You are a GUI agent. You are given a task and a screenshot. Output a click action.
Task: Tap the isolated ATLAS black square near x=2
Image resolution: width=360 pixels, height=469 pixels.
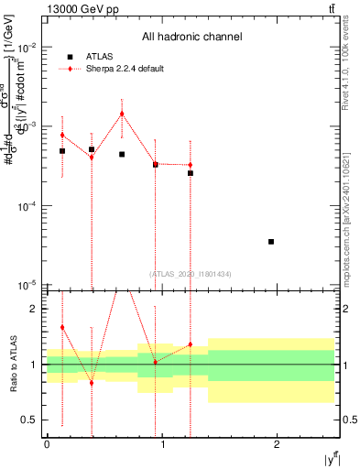point(271,242)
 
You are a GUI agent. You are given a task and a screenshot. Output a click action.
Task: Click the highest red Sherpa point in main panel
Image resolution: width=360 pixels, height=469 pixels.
point(122,114)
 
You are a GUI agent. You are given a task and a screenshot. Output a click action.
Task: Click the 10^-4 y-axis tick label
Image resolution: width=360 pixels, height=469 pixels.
point(31,207)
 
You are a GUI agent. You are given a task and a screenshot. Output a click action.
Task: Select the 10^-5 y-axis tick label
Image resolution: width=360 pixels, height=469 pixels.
point(31,287)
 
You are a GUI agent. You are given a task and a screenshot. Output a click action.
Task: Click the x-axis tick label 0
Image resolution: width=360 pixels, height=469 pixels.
point(47,444)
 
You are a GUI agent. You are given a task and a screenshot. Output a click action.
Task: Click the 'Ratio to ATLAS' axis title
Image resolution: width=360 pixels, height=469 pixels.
point(13,365)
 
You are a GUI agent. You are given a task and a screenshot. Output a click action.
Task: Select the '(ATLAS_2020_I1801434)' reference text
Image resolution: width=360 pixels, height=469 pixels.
point(191,274)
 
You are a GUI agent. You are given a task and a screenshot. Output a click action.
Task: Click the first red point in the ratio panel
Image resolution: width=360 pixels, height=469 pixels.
point(62,327)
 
